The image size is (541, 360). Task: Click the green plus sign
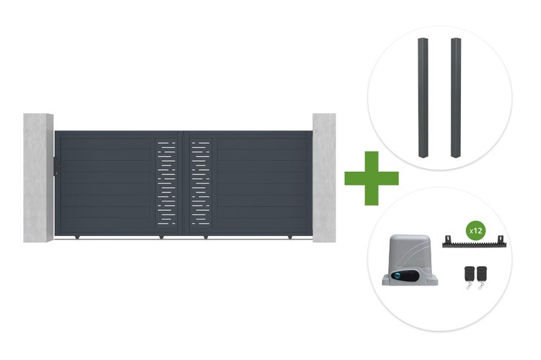pos(371,178)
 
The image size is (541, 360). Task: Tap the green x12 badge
pos(476,230)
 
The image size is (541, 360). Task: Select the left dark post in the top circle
pos(423,97)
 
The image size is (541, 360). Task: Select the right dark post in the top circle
pos(456,97)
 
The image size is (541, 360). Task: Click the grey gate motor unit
pos(410,260)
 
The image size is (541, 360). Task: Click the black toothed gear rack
pos(474,243)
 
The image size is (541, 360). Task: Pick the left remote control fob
pos(470,277)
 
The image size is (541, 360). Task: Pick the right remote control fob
pos(481,277)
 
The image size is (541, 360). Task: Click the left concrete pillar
pos(38,177)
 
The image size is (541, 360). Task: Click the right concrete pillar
pos(324,177)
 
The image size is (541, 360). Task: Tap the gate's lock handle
pos(57,167)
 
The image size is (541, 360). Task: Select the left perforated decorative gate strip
pos(167,183)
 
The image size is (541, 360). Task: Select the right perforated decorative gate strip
pos(200,183)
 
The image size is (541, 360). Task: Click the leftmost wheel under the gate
pos(77,237)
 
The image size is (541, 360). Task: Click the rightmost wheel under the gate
pos(290,237)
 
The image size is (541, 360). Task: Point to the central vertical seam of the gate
pos(183,183)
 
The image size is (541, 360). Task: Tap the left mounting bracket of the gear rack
pos(449,239)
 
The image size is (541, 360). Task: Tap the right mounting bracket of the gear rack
pos(501,239)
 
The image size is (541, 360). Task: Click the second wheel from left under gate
pos(161,237)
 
